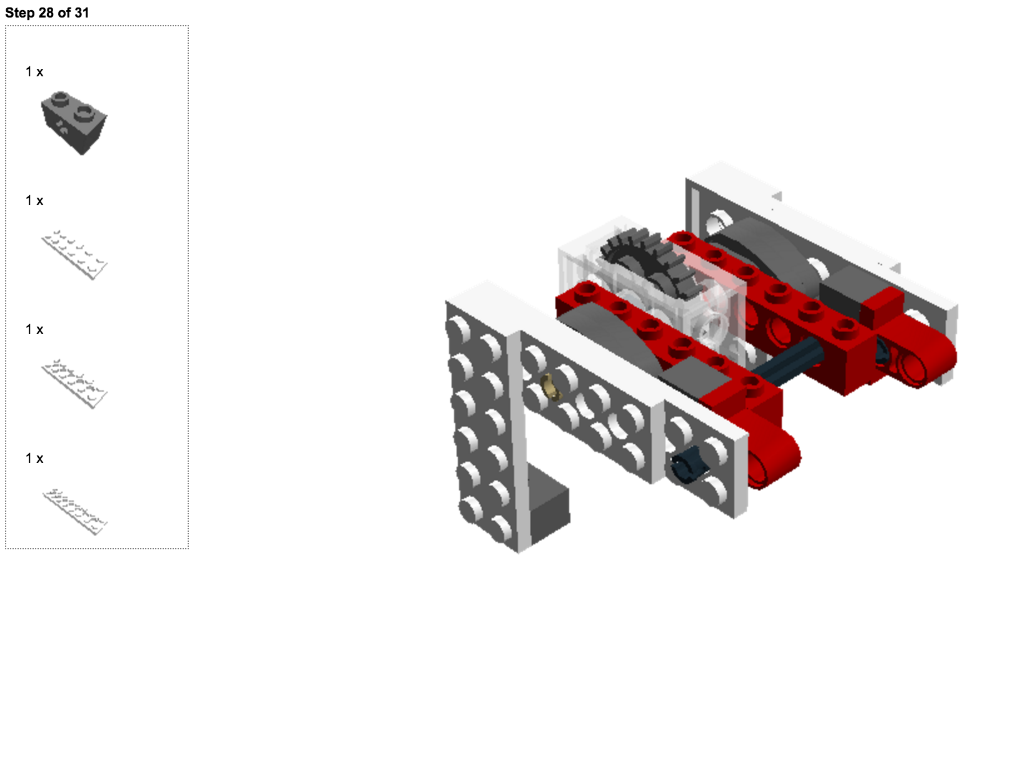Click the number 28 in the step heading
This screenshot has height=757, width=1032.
(46, 13)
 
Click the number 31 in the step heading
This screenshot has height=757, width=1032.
(81, 13)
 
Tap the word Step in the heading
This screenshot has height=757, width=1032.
(20, 13)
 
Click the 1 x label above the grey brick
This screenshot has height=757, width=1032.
(34, 72)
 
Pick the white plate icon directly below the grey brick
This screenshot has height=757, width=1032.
(74, 255)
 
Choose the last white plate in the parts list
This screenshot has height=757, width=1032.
(74, 512)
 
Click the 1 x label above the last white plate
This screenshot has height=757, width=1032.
(34, 459)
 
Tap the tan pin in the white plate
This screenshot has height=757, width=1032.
(550, 387)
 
